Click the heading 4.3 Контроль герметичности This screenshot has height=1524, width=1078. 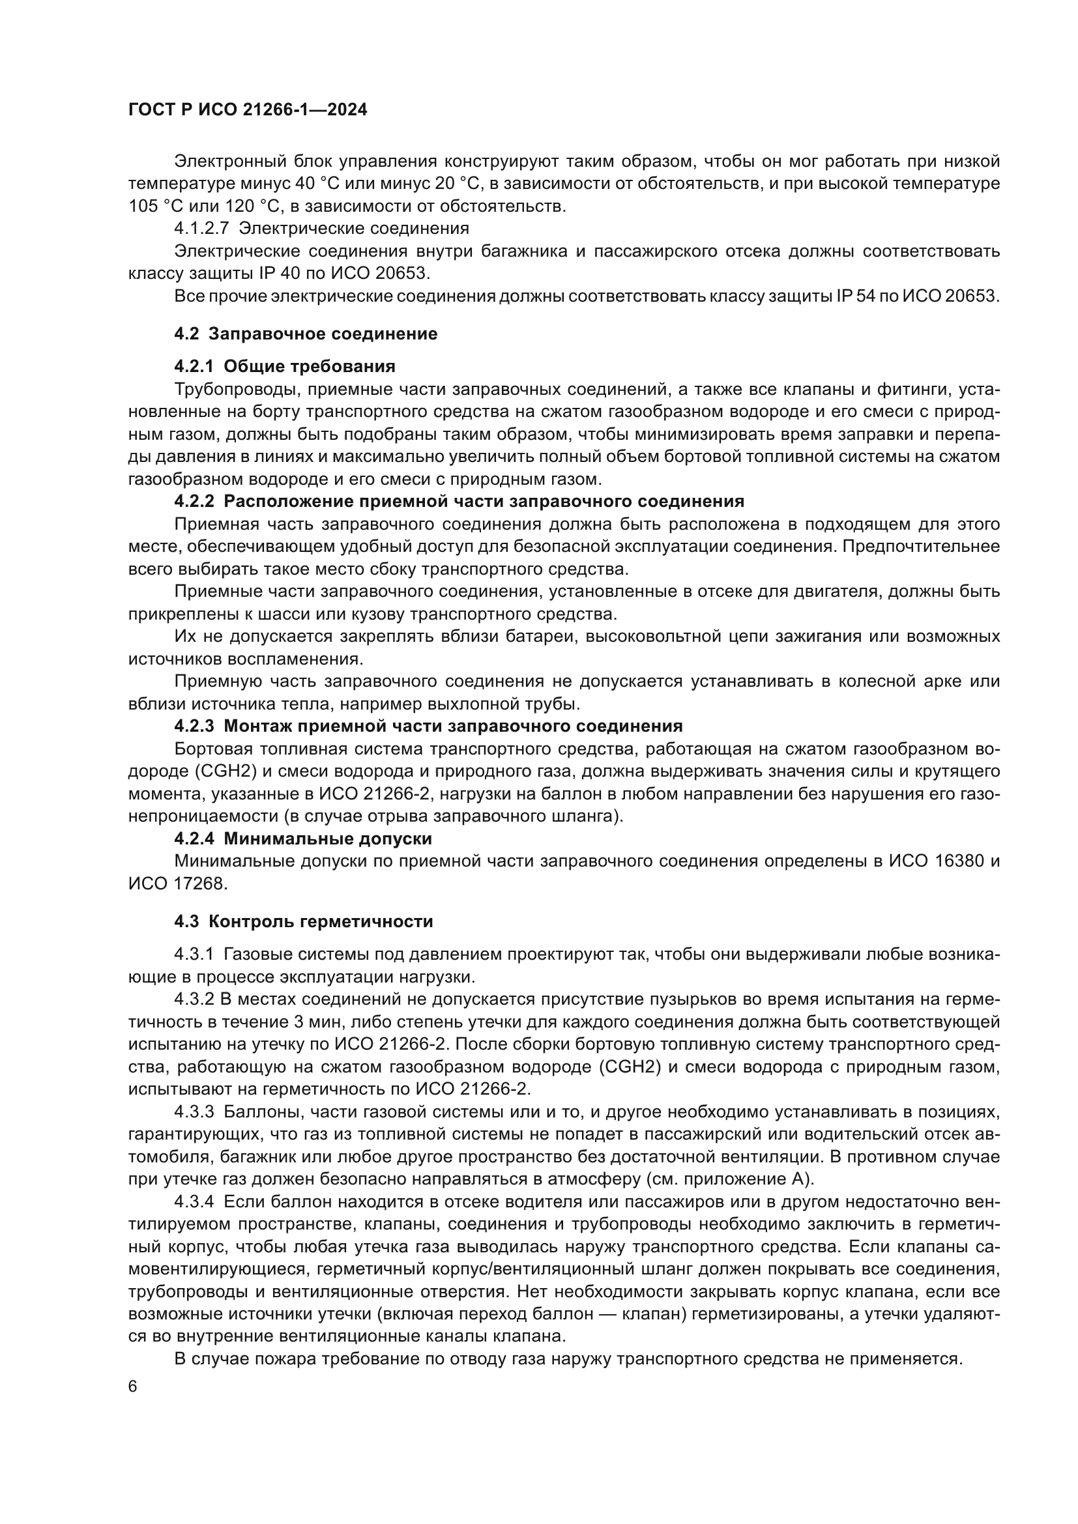point(303,921)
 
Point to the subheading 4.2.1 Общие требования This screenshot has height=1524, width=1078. point(284,366)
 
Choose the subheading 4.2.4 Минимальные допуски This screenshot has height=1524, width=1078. point(302,839)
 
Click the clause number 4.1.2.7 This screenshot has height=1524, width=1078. point(201,228)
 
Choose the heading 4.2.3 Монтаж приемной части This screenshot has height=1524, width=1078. point(428,725)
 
